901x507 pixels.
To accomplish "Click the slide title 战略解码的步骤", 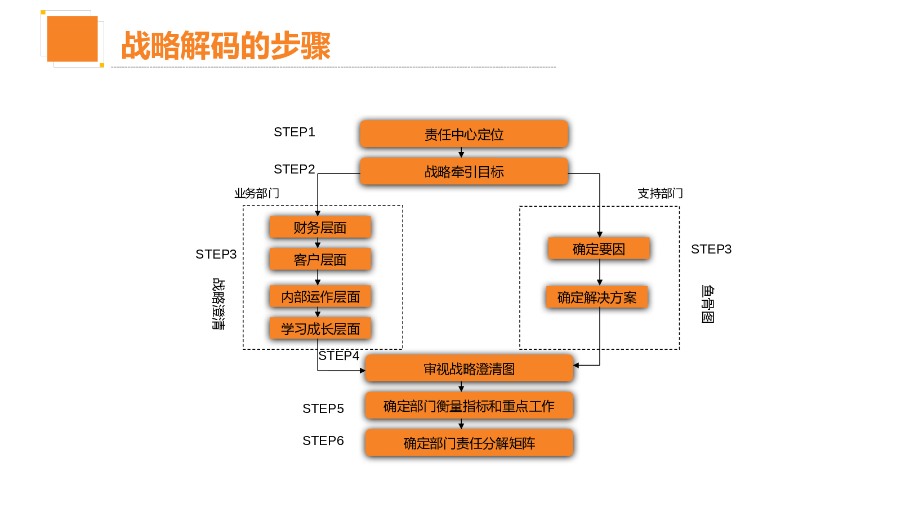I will (226, 46).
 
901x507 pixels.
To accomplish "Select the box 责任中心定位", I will (464, 134).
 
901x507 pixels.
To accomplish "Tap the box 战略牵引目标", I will (464, 171).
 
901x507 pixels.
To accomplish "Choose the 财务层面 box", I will (320, 227).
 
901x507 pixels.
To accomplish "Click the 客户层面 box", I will (320, 259).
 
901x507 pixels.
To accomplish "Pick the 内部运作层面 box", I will (320, 296).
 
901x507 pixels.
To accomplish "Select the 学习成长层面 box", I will (320, 328).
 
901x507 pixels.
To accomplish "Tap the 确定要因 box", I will (599, 248).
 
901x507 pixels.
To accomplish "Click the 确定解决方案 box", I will (597, 297).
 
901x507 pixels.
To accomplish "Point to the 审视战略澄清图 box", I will (469, 368).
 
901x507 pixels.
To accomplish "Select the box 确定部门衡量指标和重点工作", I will (469, 406).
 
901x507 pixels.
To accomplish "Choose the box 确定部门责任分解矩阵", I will (469, 443).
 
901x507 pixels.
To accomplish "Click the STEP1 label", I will (294, 132).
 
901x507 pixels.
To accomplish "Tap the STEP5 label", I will (323, 408).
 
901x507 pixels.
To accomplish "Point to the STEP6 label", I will (323, 441).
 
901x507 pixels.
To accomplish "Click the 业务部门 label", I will (257, 193).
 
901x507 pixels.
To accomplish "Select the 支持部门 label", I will (660, 193).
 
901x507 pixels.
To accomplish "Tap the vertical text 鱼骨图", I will (708, 304).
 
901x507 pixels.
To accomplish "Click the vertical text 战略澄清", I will (218, 304).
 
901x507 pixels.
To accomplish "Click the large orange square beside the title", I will (72, 38).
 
